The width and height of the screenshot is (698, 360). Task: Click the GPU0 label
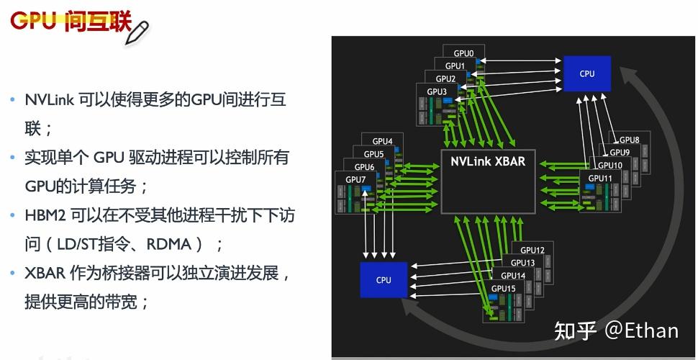[463, 53]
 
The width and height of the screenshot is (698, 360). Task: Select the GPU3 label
[437, 91]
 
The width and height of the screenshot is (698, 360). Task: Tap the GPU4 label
[382, 141]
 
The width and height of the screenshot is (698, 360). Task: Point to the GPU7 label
[355, 179]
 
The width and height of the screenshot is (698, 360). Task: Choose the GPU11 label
[600, 178]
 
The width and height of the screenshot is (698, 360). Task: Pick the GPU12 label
[532, 250]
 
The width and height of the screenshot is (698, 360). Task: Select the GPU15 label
[504, 288]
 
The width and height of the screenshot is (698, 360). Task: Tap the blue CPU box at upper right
[587, 73]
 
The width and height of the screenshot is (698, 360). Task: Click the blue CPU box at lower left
[384, 279]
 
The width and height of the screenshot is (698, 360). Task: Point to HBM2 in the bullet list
[46, 215]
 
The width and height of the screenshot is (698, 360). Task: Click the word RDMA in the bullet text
[169, 244]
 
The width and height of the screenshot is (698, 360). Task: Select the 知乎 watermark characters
[574, 330]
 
